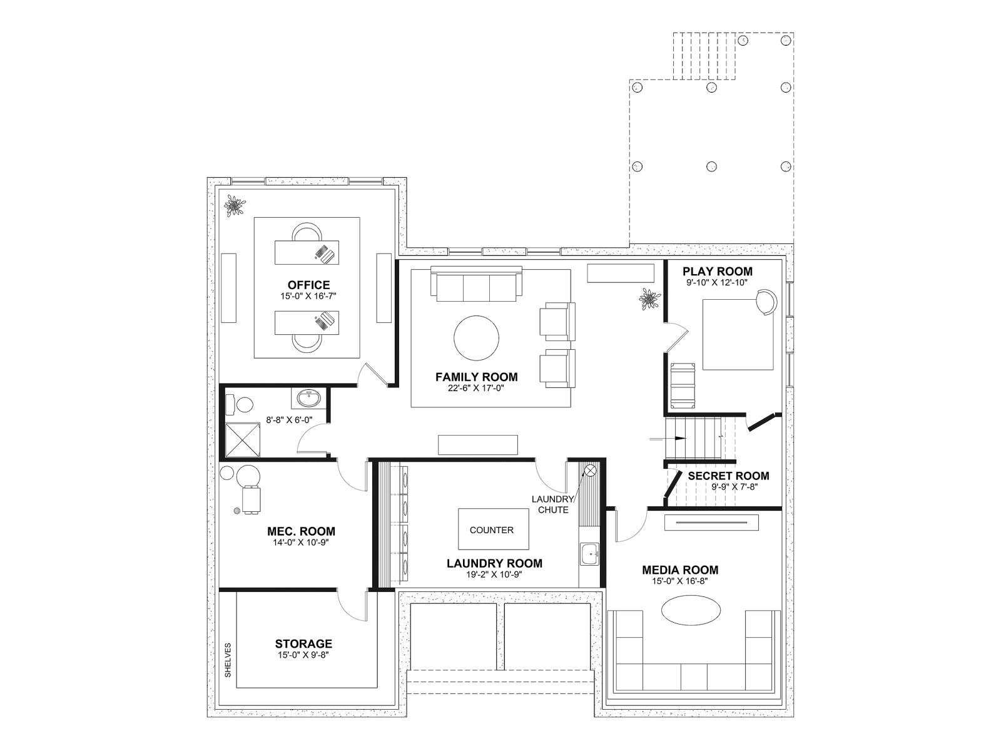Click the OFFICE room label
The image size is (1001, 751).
(308, 285)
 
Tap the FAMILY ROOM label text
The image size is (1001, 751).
(476, 377)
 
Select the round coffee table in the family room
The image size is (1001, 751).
(476, 338)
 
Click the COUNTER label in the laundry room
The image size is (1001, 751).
(491, 530)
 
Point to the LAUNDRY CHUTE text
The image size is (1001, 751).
(552, 504)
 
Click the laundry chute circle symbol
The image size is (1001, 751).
(590, 470)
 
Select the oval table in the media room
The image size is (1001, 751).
(691, 611)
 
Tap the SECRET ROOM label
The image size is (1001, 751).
(728, 476)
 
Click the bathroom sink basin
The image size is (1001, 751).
(308, 399)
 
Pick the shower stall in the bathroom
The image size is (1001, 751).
(243, 439)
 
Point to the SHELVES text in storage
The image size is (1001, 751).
(228, 660)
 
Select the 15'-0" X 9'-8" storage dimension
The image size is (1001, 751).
(303, 655)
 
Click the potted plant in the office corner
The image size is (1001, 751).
(235, 206)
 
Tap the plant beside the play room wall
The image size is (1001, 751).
(649, 299)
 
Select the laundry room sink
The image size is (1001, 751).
(590, 554)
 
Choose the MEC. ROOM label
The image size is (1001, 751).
(301, 531)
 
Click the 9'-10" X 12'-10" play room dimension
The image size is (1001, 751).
(718, 283)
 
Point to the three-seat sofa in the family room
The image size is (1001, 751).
(476, 285)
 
